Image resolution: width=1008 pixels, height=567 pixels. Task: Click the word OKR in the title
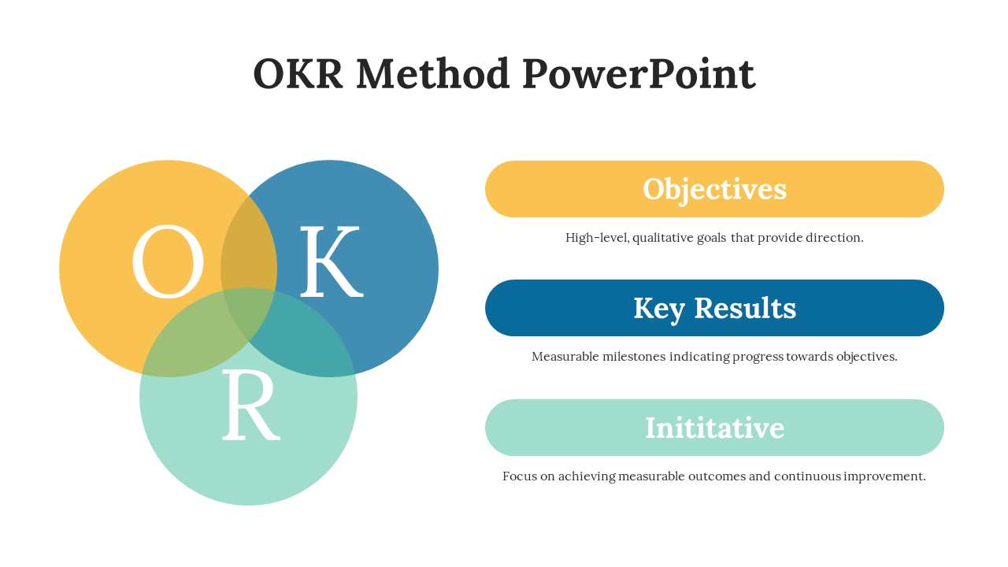pyautogui.click(x=298, y=74)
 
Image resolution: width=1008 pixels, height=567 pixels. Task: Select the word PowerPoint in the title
pyautogui.click(x=638, y=74)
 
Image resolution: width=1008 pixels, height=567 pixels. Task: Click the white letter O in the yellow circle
pyautogui.click(x=167, y=261)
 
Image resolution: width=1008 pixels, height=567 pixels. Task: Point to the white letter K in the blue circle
pyautogui.click(x=331, y=261)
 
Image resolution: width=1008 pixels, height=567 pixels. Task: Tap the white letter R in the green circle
pyautogui.click(x=250, y=405)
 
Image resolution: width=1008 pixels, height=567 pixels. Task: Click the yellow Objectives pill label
pyautogui.click(x=714, y=189)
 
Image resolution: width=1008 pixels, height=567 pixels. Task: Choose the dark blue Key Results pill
pyautogui.click(x=714, y=308)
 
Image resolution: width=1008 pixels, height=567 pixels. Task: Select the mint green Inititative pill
pyautogui.click(x=714, y=428)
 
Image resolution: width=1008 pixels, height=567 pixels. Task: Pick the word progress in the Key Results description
pyautogui.click(x=758, y=356)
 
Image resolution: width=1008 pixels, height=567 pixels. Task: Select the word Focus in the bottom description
pyautogui.click(x=519, y=476)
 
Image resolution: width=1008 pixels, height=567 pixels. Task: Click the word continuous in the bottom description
pyautogui.click(x=808, y=476)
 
